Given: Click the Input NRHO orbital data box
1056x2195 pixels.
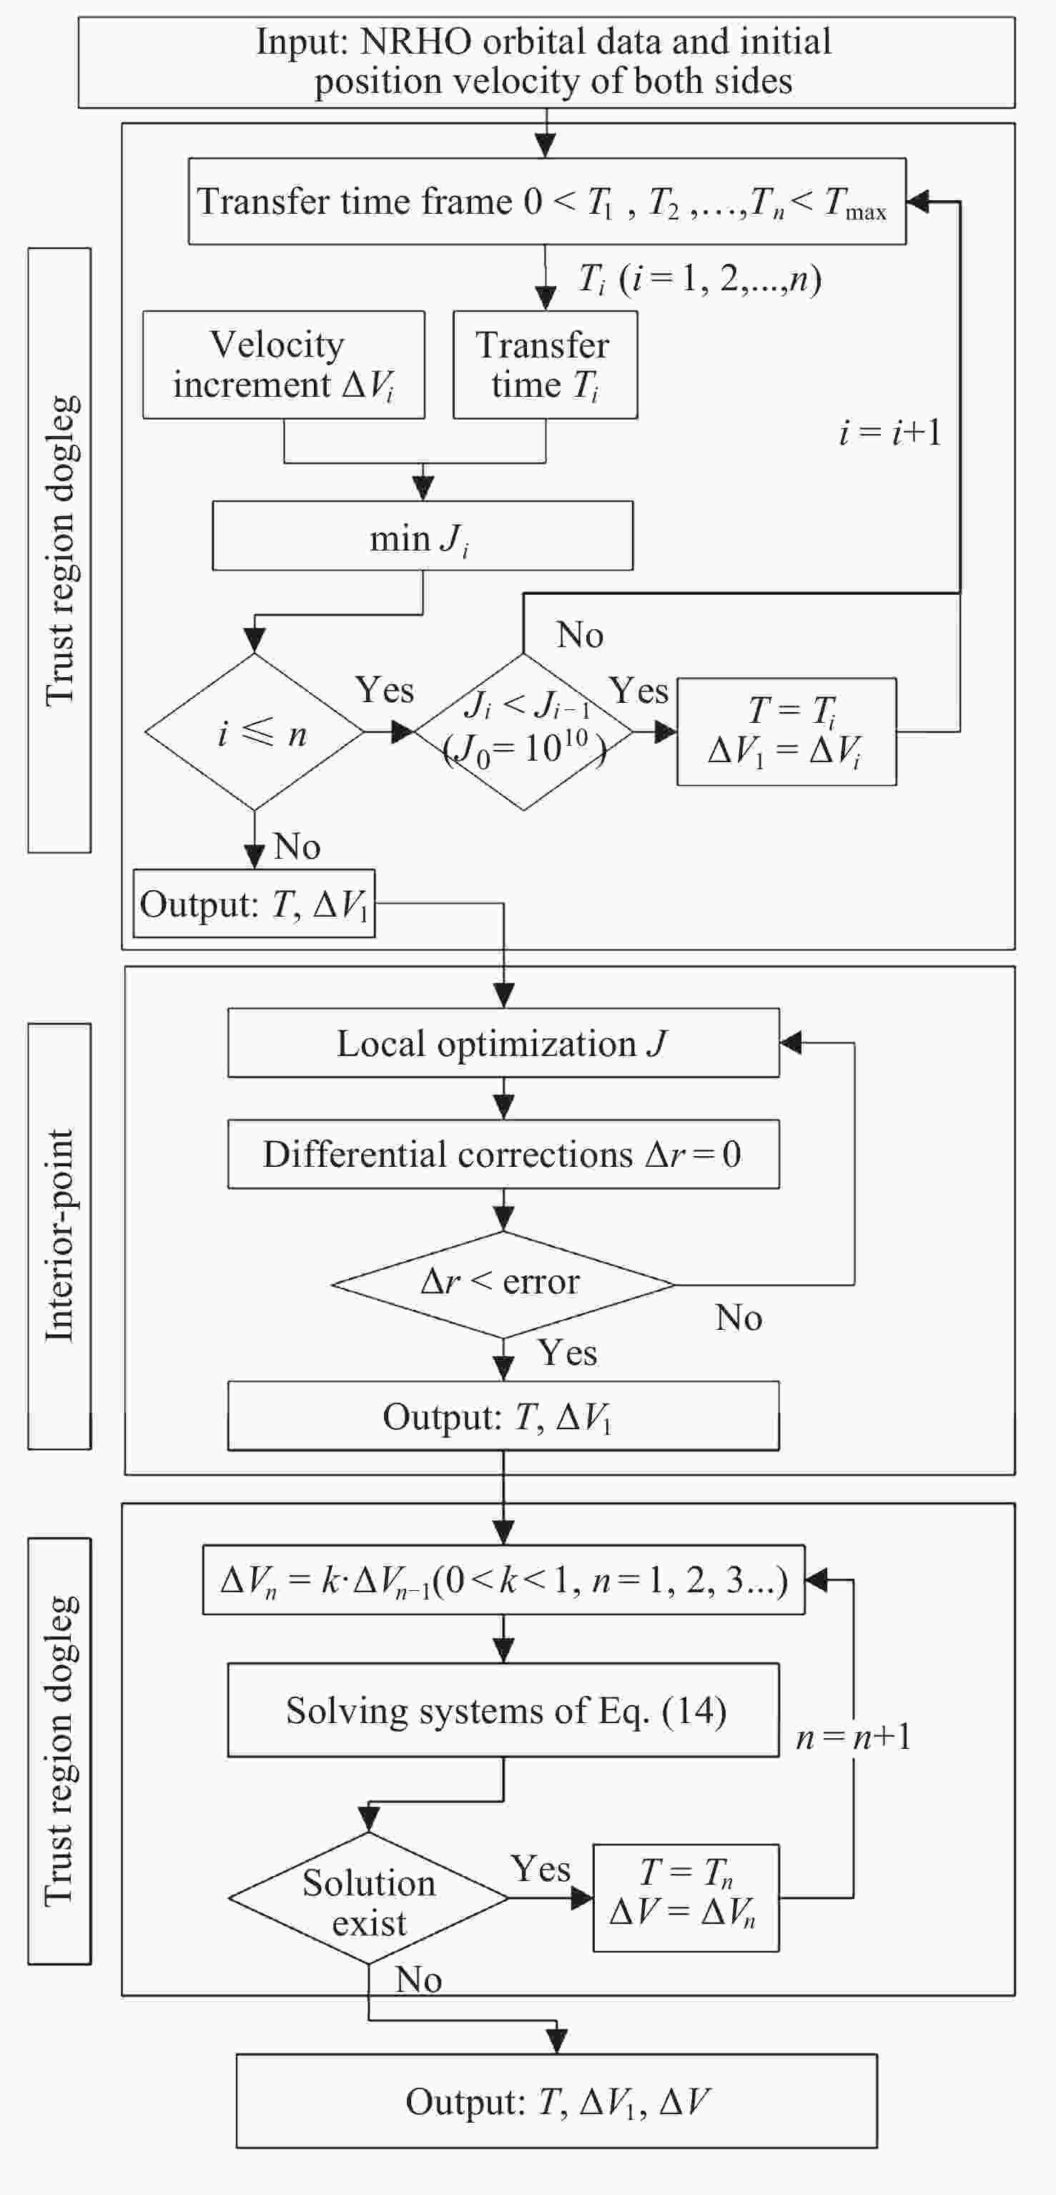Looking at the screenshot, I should (x=546, y=62).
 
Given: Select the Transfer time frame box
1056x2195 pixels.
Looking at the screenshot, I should (x=546, y=202).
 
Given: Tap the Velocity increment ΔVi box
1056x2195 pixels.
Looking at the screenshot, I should (x=283, y=365).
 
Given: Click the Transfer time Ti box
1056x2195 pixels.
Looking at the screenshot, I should (x=545, y=365).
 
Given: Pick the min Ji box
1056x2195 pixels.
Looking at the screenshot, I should (x=422, y=536).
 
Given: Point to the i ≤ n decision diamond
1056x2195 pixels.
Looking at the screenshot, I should (x=255, y=732).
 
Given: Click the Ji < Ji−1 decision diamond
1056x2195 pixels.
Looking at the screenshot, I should (x=523, y=732).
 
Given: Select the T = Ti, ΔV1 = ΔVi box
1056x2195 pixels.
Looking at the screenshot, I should (x=786, y=732).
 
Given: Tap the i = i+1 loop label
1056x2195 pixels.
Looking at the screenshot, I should (x=890, y=433).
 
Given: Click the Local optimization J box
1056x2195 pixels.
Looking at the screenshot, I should (x=503, y=1043).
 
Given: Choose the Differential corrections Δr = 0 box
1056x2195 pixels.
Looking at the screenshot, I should (x=503, y=1155).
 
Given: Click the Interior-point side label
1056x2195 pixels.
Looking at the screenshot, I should (x=59, y=1236).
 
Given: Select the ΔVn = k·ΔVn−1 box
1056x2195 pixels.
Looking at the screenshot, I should (x=503, y=1580).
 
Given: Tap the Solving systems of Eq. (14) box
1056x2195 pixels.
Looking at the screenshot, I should (x=503, y=1710).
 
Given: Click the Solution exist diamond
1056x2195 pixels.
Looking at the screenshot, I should (x=369, y=1898).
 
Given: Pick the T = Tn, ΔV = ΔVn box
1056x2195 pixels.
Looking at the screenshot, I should (x=685, y=1898).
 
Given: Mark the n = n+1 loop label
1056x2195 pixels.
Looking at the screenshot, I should (x=853, y=1737).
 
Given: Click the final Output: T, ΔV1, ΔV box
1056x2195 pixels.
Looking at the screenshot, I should (x=556, y=2101).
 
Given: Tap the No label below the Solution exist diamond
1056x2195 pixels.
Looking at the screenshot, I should (x=418, y=1979).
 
